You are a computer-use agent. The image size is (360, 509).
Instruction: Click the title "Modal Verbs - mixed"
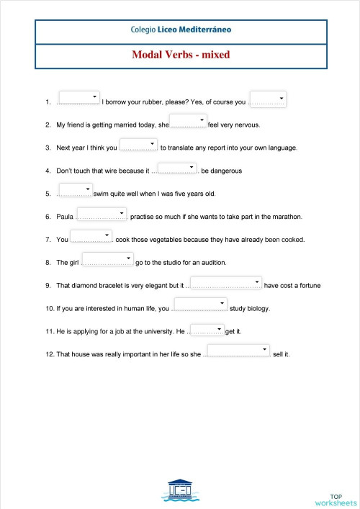tap(180, 54)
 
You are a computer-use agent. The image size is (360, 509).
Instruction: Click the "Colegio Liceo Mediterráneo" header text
tap(181, 30)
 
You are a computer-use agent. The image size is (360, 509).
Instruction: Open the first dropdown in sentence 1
tap(79, 98)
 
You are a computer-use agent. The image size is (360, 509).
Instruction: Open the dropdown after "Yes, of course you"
tap(268, 99)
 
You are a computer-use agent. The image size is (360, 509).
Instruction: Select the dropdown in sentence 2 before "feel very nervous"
tap(189, 121)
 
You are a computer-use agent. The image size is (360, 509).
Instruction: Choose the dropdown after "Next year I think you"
tap(138, 144)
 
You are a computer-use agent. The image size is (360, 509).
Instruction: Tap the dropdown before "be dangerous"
tap(177, 167)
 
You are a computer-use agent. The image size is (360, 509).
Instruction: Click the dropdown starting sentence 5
tap(74, 190)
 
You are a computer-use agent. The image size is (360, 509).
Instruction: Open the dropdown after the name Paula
tap(102, 213)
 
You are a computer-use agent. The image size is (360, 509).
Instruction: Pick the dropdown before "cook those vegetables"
tap(91, 236)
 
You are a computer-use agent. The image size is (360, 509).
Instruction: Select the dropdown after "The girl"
tap(108, 259)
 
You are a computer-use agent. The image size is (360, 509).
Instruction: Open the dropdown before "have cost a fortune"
tap(226, 282)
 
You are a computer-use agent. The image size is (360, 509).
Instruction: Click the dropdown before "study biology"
tap(201, 305)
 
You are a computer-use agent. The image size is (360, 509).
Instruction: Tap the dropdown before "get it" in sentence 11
tap(207, 328)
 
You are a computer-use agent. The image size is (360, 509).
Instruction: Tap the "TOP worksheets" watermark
tap(336, 499)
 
